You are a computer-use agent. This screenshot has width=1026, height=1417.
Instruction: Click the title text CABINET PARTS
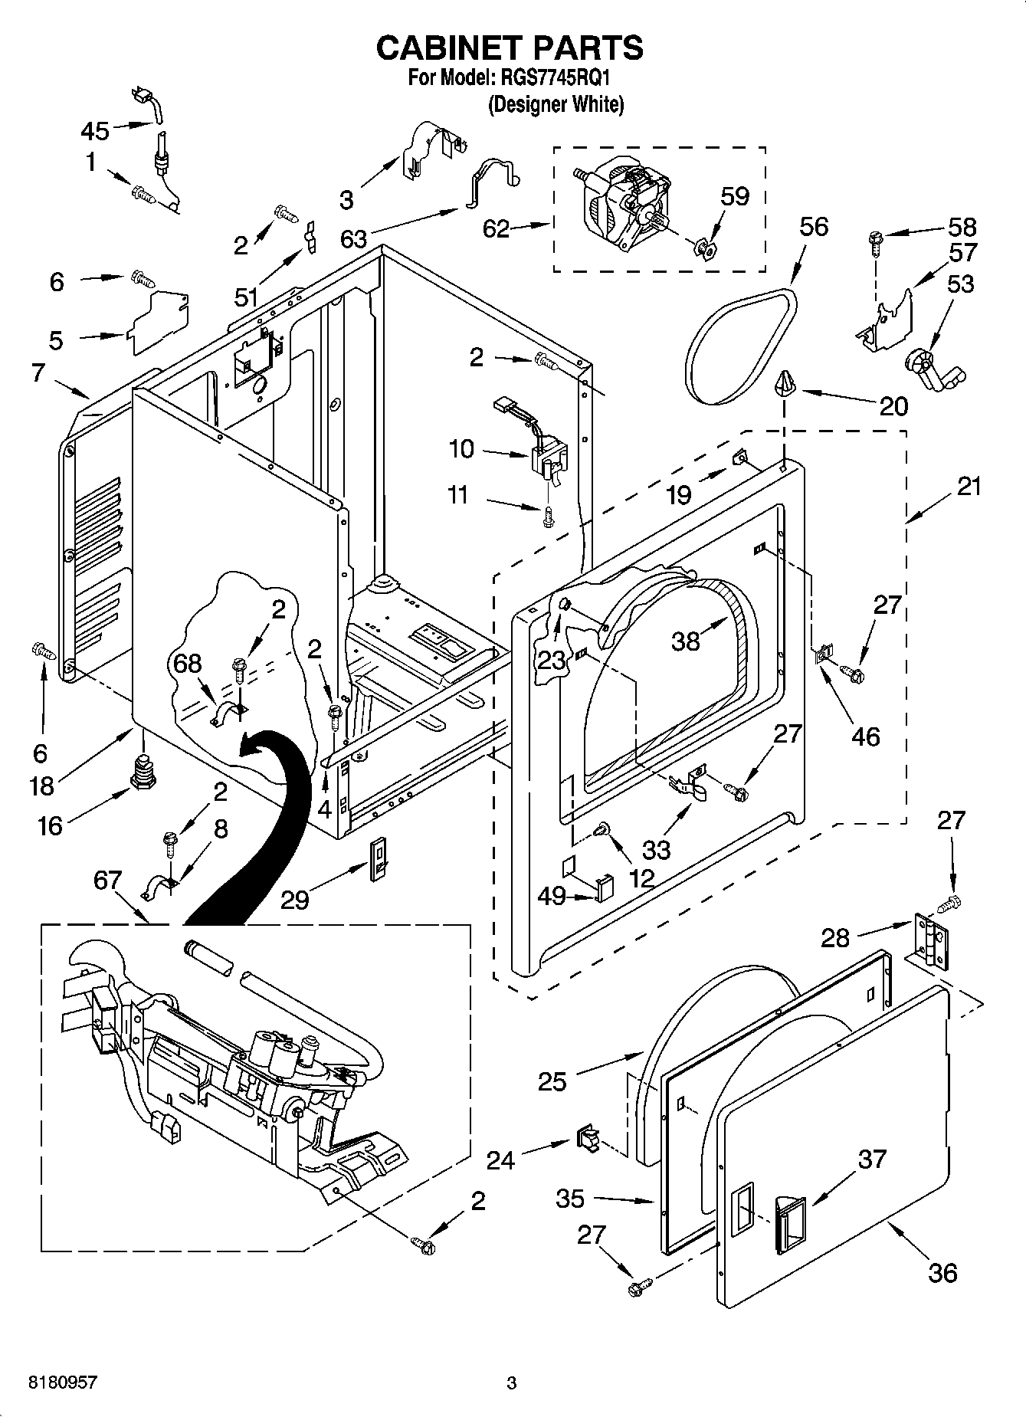click(x=510, y=48)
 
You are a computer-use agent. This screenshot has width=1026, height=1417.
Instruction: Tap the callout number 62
click(x=497, y=228)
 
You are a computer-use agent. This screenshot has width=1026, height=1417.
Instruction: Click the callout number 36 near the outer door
click(x=942, y=1273)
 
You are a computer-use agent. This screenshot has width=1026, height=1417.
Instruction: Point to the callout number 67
click(x=107, y=881)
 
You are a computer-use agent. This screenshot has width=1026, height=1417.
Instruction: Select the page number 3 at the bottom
click(x=512, y=1383)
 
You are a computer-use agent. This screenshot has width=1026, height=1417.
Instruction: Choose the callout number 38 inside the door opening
click(x=685, y=641)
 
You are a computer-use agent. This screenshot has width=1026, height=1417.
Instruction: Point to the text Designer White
click(x=556, y=104)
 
